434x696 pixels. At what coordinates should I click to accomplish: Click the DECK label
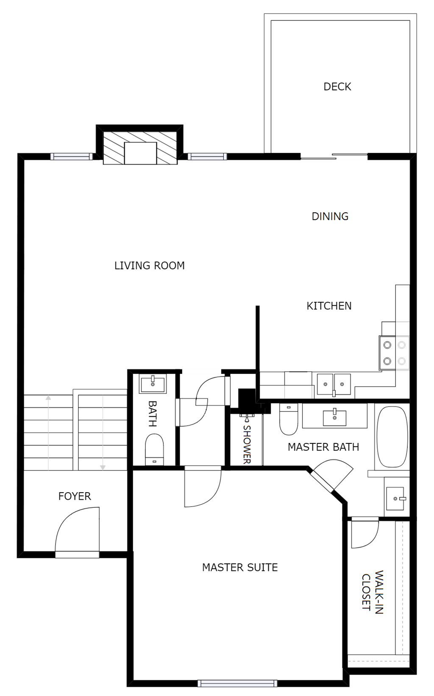pyautogui.click(x=337, y=86)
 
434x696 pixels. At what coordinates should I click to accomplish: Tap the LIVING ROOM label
pyautogui.click(x=149, y=265)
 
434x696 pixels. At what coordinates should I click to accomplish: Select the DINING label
pyautogui.click(x=330, y=216)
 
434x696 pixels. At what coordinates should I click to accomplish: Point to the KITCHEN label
pyautogui.click(x=329, y=306)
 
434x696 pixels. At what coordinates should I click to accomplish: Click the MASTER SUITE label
pyautogui.click(x=240, y=567)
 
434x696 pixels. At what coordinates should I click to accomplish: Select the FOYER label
pyautogui.click(x=75, y=496)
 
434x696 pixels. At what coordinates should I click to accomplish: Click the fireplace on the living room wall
pyautogui.click(x=140, y=148)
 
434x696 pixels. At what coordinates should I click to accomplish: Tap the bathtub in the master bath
pyautogui.click(x=392, y=437)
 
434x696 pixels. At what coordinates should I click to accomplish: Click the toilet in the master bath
pyautogui.click(x=289, y=421)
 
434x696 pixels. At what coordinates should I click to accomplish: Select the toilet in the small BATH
pyautogui.click(x=154, y=449)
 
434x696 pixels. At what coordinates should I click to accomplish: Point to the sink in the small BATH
pyautogui.click(x=153, y=384)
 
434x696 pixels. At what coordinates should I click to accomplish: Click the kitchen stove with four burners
pyautogui.click(x=394, y=353)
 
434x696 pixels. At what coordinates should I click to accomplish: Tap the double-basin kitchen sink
pyautogui.click(x=334, y=384)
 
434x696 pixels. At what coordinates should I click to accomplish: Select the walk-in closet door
pyautogui.click(x=364, y=533)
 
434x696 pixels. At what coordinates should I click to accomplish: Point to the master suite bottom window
pyautogui.click(x=237, y=683)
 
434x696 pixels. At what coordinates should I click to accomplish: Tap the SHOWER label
pyautogui.click(x=247, y=444)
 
